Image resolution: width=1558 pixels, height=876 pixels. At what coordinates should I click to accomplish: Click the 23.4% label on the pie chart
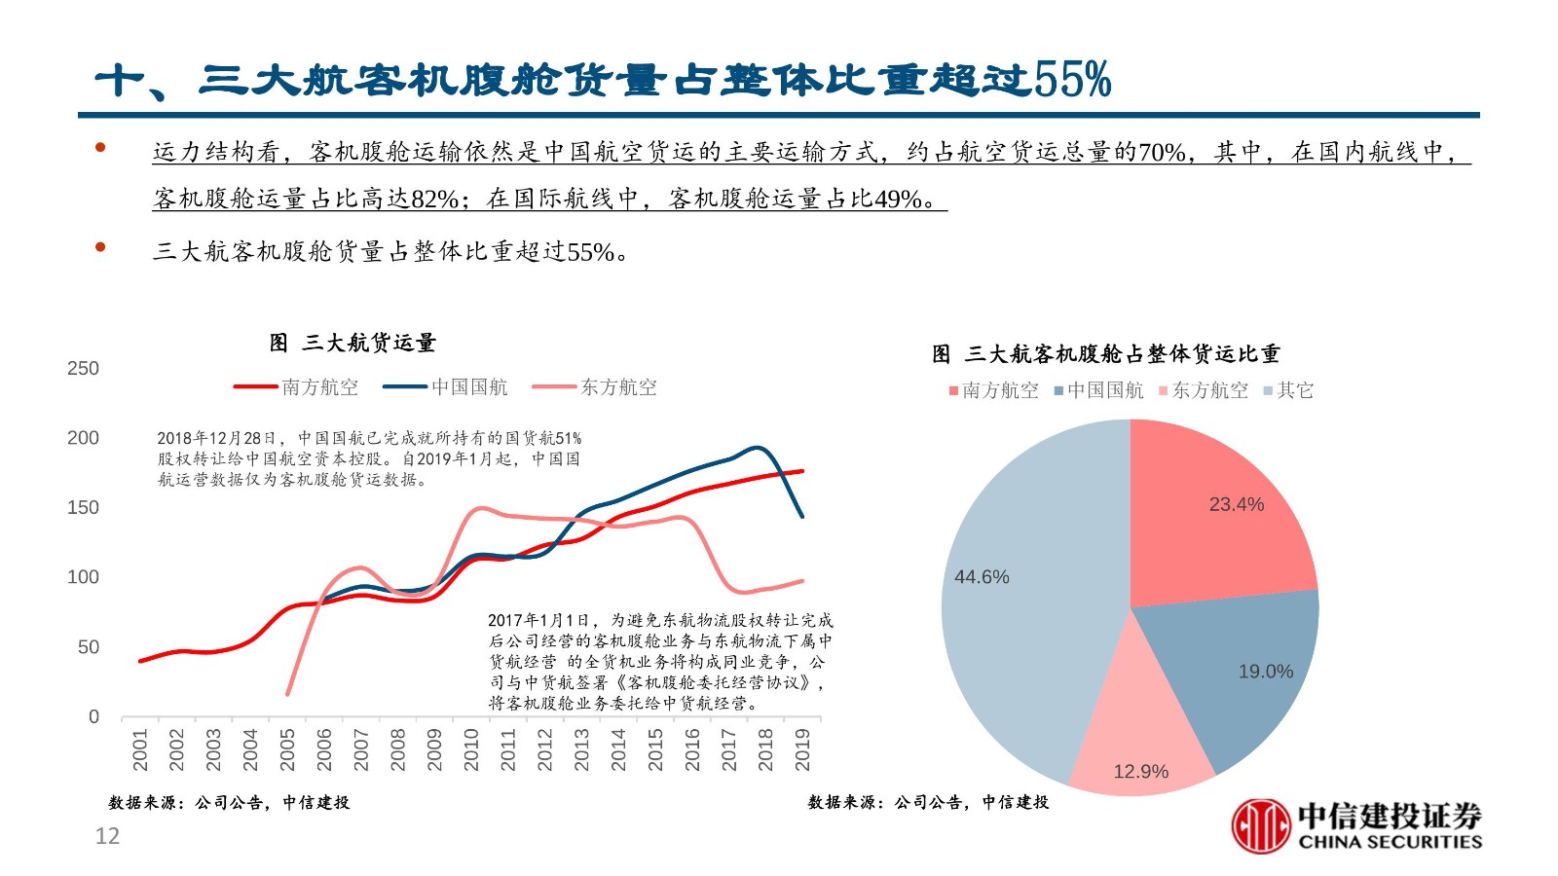(x=1237, y=504)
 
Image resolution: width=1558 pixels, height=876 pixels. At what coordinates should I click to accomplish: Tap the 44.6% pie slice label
(x=982, y=577)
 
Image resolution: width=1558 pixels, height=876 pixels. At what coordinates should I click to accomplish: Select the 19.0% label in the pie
(x=1266, y=672)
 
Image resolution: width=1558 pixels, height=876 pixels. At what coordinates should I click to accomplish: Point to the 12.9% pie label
(x=1140, y=772)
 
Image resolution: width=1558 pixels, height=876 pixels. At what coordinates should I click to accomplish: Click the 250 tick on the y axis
(x=83, y=369)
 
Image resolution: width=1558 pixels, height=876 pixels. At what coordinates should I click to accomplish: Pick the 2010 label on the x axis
(x=471, y=749)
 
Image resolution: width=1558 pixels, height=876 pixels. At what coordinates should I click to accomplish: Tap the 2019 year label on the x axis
(x=802, y=749)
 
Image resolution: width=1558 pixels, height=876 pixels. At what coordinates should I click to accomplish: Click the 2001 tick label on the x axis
(x=140, y=749)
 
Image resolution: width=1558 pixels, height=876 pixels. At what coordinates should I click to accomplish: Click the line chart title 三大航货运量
(x=352, y=343)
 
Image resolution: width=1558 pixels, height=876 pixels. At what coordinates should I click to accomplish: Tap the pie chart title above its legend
(x=1106, y=354)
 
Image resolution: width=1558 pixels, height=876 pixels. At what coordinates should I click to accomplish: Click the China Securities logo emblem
(x=1261, y=825)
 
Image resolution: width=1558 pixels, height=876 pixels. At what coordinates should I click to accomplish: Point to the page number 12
(x=107, y=836)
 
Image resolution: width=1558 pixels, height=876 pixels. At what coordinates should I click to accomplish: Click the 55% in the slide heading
(x=1073, y=80)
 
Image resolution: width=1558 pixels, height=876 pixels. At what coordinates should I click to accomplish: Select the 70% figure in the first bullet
(x=1162, y=152)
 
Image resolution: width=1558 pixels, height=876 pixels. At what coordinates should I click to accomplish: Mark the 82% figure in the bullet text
(x=434, y=199)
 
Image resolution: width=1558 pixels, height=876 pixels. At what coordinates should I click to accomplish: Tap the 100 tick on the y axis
(x=83, y=577)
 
